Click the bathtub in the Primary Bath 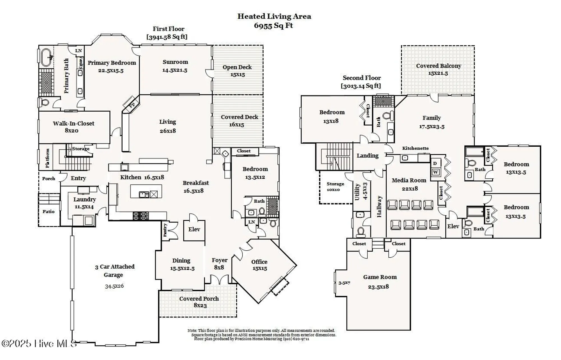point(46,57)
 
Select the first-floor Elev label point(194,229)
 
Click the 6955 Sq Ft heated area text point(273,26)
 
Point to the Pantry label point(165,230)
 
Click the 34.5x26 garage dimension point(114,286)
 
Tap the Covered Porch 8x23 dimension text point(200,305)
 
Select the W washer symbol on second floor point(435,172)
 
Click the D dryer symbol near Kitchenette point(435,163)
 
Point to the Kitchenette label point(415,148)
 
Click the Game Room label point(380,277)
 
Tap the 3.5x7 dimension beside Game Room point(344,283)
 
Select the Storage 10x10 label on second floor point(335,186)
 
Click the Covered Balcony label point(438,66)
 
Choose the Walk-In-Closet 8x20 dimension point(72,130)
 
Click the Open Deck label point(237,67)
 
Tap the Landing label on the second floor point(367,156)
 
